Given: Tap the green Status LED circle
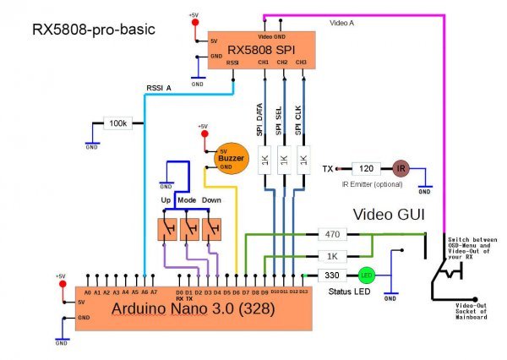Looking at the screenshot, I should [366, 275].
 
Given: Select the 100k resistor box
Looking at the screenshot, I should [119, 123].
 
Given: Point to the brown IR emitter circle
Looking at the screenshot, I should [401, 168].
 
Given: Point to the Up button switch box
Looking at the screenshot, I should [167, 228].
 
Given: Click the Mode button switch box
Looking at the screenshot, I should [189, 228].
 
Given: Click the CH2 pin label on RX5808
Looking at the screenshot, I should [282, 63].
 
